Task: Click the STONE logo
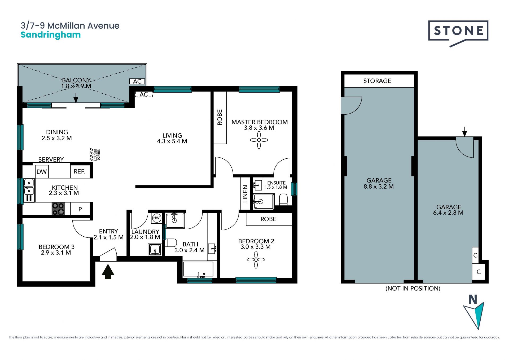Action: click(458, 33)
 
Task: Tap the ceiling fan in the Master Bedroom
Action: click(259, 140)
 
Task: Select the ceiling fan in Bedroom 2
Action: click(256, 259)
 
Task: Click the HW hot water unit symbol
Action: click(156, 218)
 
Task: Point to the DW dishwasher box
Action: click(42, 172)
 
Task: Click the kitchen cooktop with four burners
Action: click(58, 209)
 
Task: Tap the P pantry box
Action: click(80, 209)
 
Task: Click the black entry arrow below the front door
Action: click(108, 271)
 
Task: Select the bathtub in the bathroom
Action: click(198, 270)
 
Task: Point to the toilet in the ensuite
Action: click(283, 199)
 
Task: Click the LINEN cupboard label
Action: click(245, 194)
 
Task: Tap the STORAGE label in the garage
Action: click(377, 81)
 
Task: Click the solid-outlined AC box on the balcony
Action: click(137, 81)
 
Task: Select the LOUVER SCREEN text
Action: click(97, 154)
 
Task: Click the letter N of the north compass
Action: click(473, 300)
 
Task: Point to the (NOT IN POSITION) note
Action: click(413, 289)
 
